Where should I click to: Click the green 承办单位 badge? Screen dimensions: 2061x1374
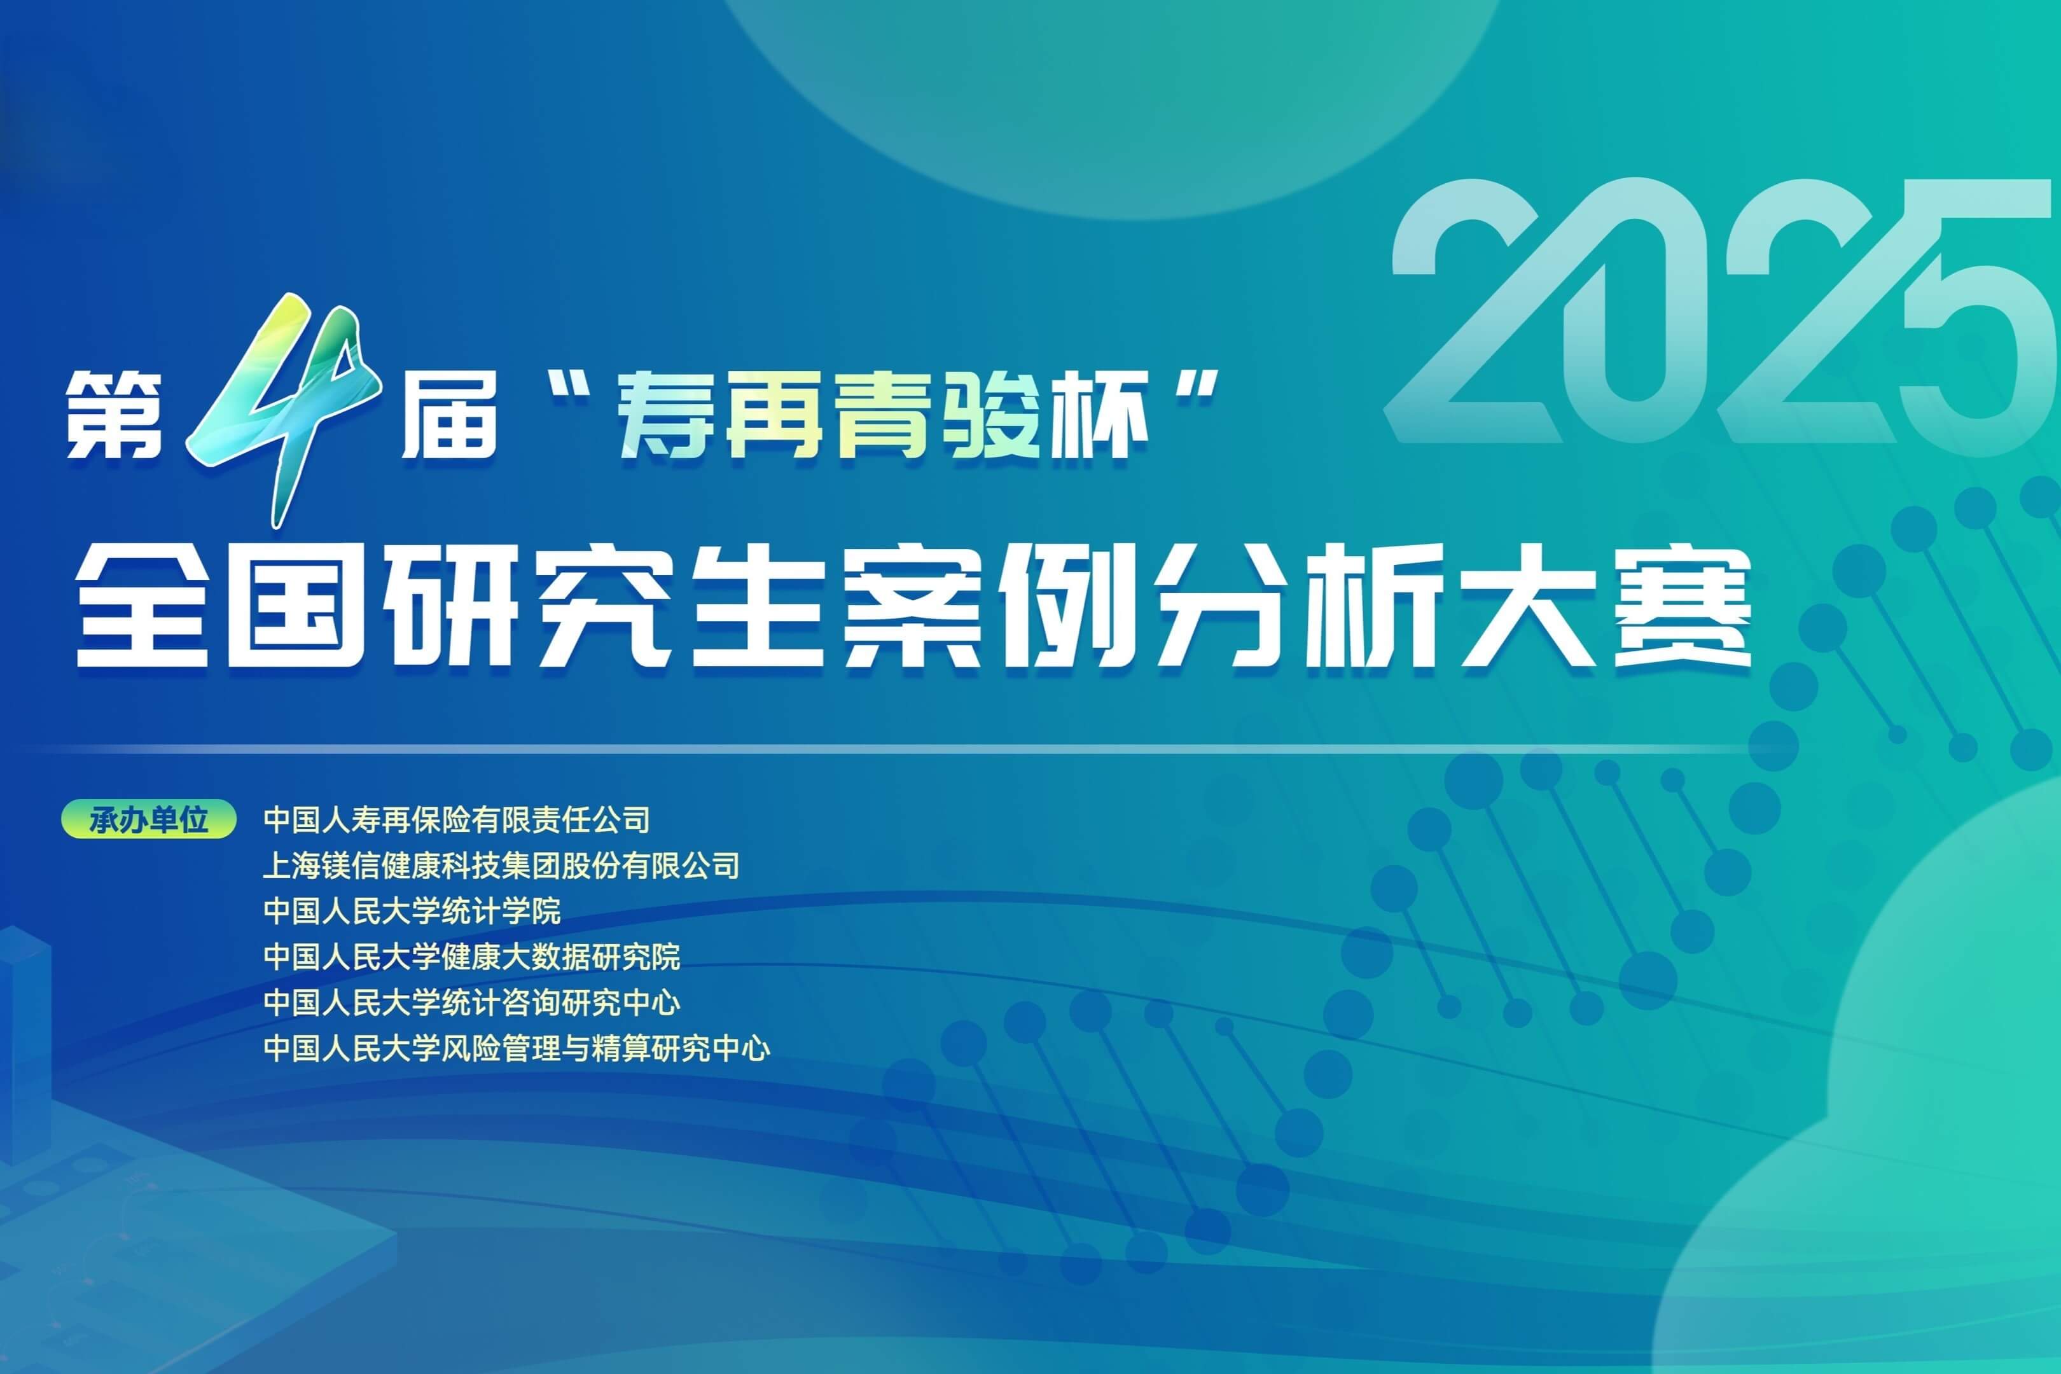click(x=149, y=820)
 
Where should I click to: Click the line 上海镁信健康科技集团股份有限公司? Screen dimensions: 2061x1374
click(x=501, y=866)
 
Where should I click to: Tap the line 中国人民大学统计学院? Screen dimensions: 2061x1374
click(x=412, y=912)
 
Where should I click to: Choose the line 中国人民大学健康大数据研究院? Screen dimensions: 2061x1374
click(x=471, y=957)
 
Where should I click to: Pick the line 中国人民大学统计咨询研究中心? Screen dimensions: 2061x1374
click(x=471, y=1003)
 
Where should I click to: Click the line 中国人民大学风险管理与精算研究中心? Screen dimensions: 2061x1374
click(x=516, y=1048)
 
